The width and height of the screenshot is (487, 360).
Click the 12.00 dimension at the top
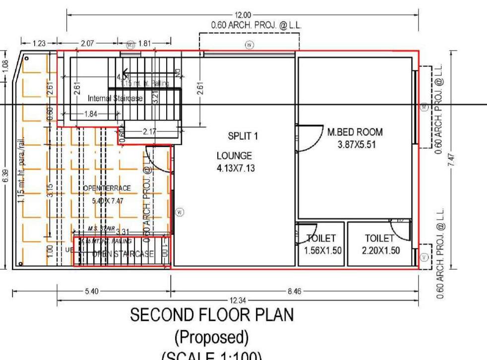click(243, 15)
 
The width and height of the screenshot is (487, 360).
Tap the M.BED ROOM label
click(355, 132)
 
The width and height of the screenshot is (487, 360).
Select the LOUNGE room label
click(234, 156)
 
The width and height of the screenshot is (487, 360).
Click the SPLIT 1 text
click(243, 136)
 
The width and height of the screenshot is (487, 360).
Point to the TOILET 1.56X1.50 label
click(323, 244)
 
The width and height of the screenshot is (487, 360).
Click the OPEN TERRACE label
click(108, 188)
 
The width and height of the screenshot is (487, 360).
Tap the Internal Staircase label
click(115, 99)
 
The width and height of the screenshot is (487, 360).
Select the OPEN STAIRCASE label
click(122, 254)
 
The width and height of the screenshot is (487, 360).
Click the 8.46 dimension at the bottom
click(295, 292)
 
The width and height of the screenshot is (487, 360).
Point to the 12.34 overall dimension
click(239, 300)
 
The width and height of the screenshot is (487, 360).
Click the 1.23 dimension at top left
click(39, 44)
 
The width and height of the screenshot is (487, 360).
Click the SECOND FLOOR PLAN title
click(212, 315)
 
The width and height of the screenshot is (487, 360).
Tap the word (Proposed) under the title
click(212, 338)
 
